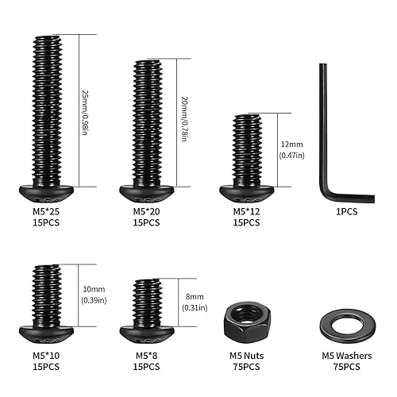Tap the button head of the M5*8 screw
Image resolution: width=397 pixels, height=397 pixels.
tap(146, 330)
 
